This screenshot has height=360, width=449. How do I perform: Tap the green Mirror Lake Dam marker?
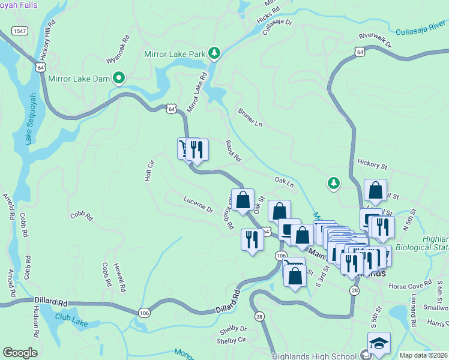click(x=119, y=77)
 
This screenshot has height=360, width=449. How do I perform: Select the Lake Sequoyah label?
click(x=29, y=118)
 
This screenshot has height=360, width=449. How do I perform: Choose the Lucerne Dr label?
click(x=198, y=203)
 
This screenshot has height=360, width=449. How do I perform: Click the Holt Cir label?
click(x=149, y=170)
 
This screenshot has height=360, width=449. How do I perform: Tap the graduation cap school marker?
click(x=379, y=343)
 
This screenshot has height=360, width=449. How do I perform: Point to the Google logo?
click(x=20, y=353)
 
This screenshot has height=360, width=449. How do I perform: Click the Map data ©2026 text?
click(x=423, y=355)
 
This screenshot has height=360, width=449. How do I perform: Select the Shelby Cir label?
click(x=233, y=340)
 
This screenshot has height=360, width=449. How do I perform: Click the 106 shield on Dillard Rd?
click(x=143, y=312)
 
